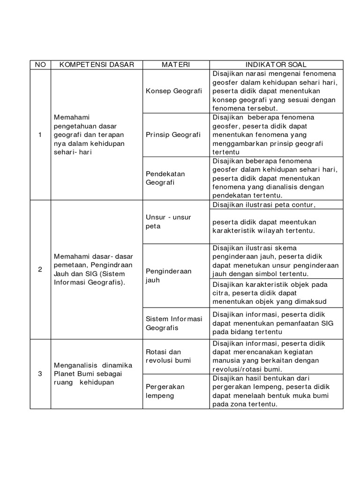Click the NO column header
[40, 65]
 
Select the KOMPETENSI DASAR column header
[97, 65]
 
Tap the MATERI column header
[176, 65]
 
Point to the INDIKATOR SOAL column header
[276, 65]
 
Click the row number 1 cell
[40, 135]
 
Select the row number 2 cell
[40, 270]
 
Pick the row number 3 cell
[40, 374]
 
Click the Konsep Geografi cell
[174, 91]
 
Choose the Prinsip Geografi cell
[173, 135]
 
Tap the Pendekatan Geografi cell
[165, 178]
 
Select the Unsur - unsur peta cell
[168, 222]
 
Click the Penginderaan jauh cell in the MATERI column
[169, 276]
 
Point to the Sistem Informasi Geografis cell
[174, 323]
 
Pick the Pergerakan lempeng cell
[165, 391]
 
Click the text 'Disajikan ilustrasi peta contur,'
[264, 204]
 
